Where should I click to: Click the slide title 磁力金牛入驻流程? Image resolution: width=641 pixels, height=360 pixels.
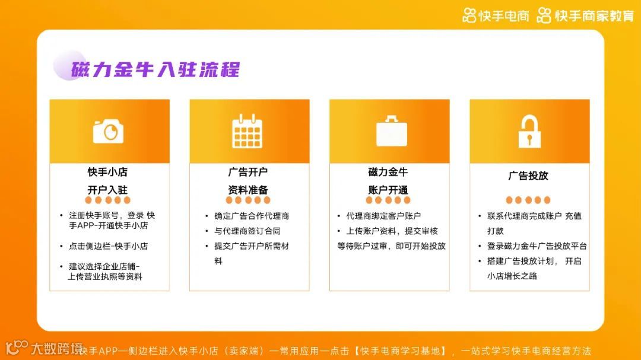pos(156,69)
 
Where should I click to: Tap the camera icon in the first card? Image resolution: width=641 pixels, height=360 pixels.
pos(108,131)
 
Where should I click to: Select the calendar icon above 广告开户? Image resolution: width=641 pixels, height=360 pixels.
pos(247,131)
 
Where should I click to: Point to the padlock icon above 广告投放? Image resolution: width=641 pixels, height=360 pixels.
pos(529,131)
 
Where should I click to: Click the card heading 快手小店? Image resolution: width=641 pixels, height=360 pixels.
pos(108,172)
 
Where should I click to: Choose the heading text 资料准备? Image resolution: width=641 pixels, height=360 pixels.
pos(248,190)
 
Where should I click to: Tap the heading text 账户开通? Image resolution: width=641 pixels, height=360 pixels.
pos(388,190)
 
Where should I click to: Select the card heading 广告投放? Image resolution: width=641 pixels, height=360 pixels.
pos(528,176)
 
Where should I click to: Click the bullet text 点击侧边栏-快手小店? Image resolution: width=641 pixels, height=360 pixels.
pos(108,246)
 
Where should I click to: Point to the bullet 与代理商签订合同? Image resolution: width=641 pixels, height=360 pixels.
pos(247,231)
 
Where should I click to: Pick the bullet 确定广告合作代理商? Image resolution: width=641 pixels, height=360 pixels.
pos(252,216)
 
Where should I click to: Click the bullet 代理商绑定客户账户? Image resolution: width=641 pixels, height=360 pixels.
pos(383,216)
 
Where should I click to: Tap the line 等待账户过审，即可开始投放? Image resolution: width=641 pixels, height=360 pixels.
pos(391,246)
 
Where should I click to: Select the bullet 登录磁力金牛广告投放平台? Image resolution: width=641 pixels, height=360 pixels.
pos(537,246)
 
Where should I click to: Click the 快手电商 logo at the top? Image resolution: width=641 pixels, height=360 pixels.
pos(496,16)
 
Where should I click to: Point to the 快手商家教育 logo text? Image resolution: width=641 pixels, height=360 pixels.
pos(586,16)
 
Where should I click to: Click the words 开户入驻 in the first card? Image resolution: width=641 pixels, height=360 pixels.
pos(108,190)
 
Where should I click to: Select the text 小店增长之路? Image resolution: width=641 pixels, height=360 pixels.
pos(512,276)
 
